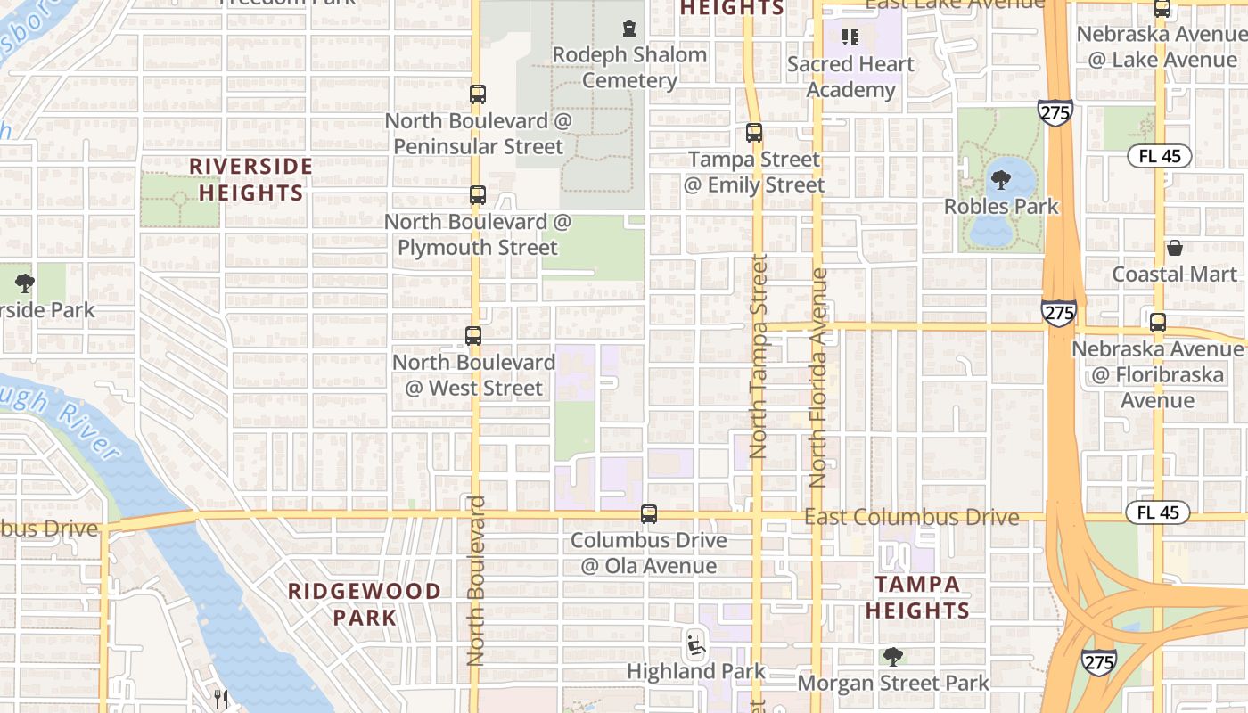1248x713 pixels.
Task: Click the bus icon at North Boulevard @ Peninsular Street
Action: [478, 94]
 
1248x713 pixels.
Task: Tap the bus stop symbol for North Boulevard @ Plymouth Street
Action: [478, 195]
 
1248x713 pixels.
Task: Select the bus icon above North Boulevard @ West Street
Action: [473, 336]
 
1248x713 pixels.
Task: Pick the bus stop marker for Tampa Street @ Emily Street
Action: [754, 133]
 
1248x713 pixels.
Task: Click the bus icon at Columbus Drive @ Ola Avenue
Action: [649, 514]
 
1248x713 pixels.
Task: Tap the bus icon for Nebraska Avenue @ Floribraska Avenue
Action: [1158, 323]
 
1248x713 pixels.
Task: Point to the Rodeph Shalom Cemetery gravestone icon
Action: [630, 28]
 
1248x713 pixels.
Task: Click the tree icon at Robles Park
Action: [1001, 180]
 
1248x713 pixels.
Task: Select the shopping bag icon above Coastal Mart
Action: [1175, 248]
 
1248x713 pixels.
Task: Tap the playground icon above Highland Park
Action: [695, 643]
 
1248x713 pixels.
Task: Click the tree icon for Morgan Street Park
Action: [892, 657]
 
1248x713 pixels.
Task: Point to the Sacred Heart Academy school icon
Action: [850, 37]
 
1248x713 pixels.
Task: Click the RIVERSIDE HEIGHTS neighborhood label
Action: [251, 179]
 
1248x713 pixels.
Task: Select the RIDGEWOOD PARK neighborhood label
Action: [365, 603]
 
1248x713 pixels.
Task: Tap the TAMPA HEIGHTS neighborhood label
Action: [917, 597]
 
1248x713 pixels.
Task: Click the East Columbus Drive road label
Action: [911, 517]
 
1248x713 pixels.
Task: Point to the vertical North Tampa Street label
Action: [759, 356]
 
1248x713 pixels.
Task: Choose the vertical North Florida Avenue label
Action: [818, 378]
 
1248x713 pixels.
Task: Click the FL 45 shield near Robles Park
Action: [1159, 156]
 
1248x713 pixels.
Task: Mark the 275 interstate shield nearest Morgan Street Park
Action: [1099, 662]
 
